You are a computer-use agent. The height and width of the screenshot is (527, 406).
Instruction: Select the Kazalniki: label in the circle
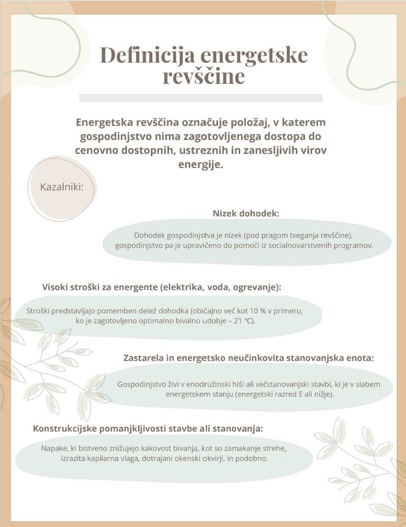click(62, 187)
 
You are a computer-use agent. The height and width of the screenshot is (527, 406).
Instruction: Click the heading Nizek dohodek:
click(246, 213)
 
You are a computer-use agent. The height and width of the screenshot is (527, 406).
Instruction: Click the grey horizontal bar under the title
click(200, 97)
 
